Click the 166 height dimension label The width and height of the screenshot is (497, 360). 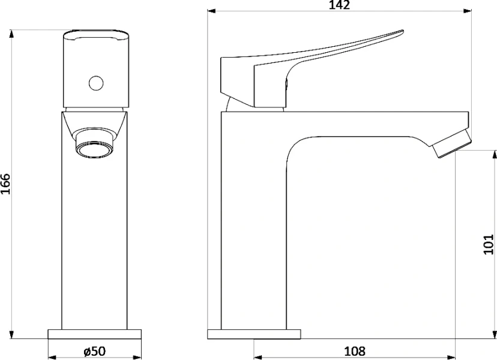coord(6,184)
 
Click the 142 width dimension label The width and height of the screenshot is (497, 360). coord(339,5)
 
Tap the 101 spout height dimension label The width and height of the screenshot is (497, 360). coord(489,244)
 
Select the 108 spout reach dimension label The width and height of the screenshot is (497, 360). coord(355,351)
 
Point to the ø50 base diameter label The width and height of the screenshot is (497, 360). coord(94,351)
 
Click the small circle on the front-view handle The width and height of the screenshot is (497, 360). coord(96,83)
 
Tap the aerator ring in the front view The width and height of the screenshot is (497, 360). coord(95,149)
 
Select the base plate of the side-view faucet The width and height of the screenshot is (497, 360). coord(255,334)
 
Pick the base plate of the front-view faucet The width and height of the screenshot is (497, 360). coord(94,334)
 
